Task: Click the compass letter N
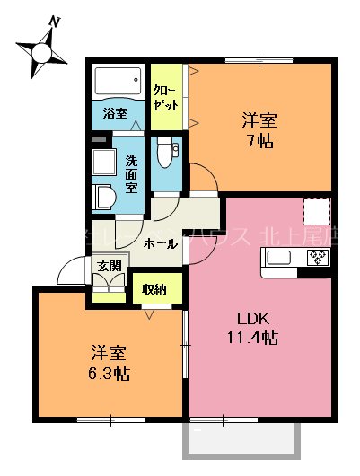point(56,22)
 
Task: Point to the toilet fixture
point(164,154)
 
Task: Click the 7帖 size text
point(259,141)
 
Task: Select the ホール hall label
point(159,243)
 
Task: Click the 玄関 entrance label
point(109,266)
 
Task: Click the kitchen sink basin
point(278,259)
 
